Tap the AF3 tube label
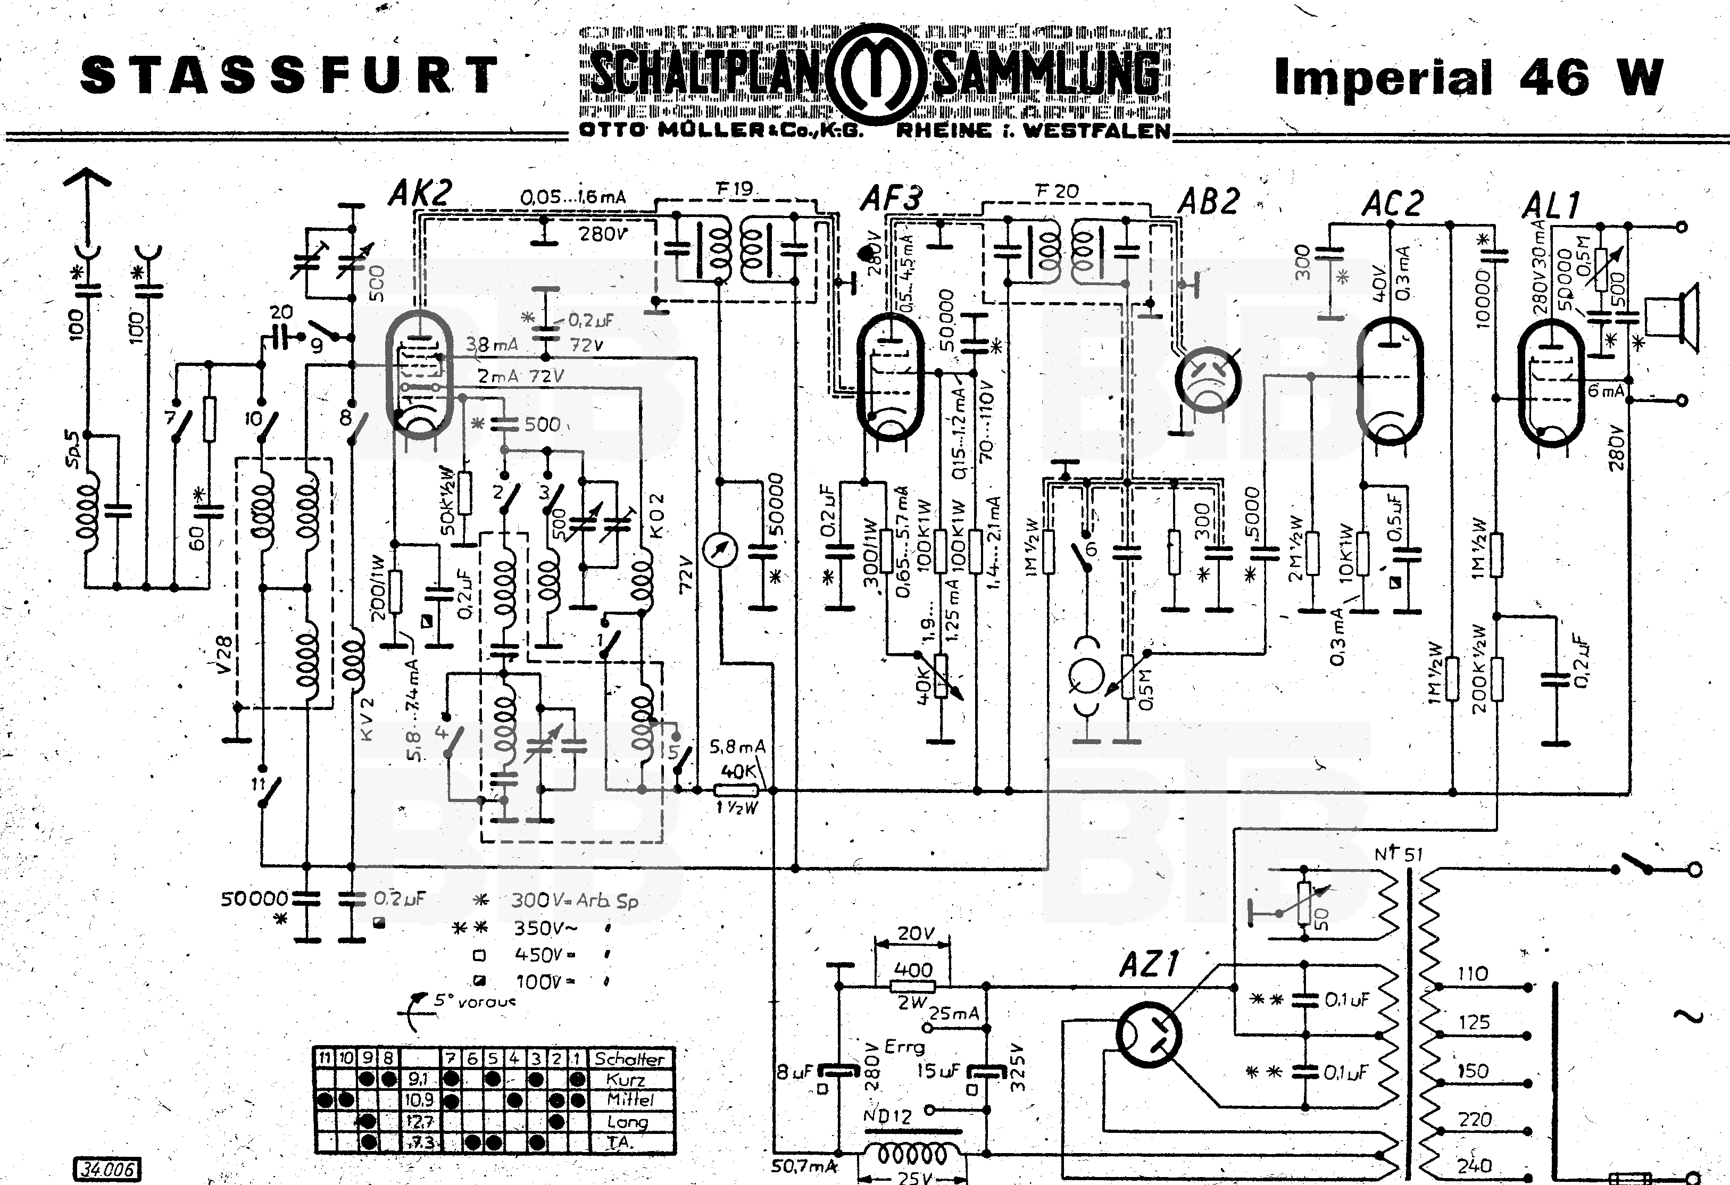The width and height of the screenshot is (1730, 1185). tap(891, 199)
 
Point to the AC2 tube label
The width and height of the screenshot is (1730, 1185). tap(1392, 203)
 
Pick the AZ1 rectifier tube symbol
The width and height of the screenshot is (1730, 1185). tap(1150, 1036)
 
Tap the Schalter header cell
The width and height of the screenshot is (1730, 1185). tap(630, 1058)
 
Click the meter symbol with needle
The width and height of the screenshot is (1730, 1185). tap(721, 550)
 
